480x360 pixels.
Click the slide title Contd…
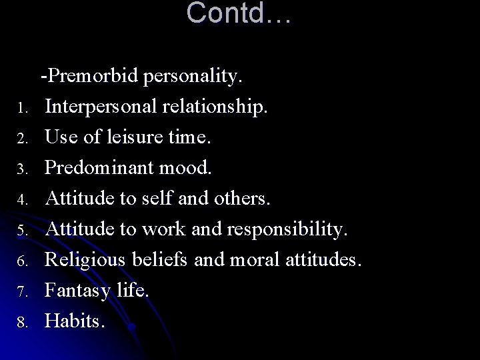239,13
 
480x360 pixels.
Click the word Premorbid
92,77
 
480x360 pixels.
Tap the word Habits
74,321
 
